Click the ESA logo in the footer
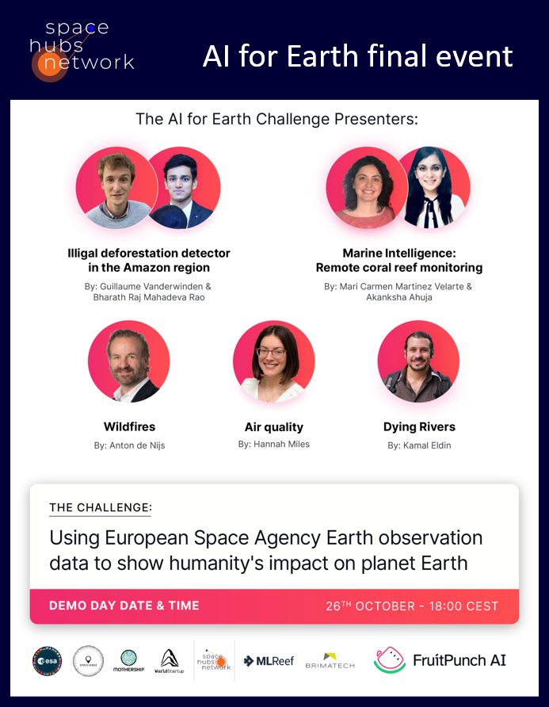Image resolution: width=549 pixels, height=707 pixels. [47, 660]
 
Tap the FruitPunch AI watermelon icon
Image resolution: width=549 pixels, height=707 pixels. [389, 660]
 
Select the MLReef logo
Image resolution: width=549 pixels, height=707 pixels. [269, 660]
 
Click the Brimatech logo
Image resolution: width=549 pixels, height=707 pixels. [330, 660]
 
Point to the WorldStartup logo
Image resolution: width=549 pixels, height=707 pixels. [170, 660]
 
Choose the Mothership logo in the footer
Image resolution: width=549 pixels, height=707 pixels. [128, 660]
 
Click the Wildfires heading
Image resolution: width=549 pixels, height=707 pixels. [129, 427]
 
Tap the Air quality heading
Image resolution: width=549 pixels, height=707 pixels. [274, 427]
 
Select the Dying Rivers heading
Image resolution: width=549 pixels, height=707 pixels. [419, 427]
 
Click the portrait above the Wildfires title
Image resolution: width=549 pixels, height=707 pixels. [129, 362]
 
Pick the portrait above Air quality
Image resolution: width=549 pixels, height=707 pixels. [274, 362]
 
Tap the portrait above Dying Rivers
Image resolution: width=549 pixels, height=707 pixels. [418, 362]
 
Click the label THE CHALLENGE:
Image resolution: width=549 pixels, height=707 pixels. [100, 507]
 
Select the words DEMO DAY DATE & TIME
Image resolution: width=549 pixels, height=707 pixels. [124, 606]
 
